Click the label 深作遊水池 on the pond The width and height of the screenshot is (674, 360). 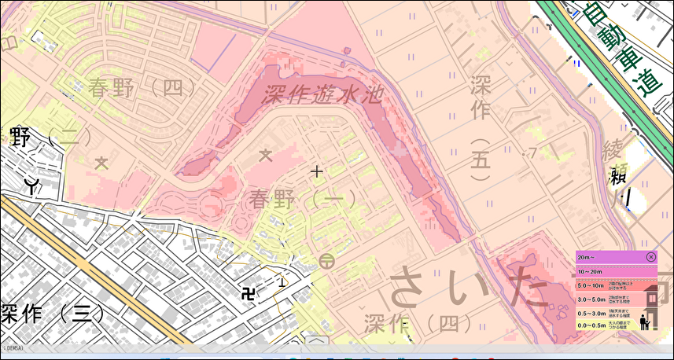pyautogui.click(x=322, y=95)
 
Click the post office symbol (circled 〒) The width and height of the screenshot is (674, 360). pyautogui.click(x=327, y=261)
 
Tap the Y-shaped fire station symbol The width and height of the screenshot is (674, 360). pyautogui.click(x=32, y=186)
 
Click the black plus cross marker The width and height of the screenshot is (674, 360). pyautogui.click(x=316, y=171)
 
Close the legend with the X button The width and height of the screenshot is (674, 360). pyautogui.click(x=651, y=257)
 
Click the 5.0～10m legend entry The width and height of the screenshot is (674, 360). pyautogui.click(x=606, y=285)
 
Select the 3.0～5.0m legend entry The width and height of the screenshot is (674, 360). pyautogui.click(x=606, y=299)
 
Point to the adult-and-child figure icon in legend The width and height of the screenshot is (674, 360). pyautogui.click(x=644, y=321)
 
